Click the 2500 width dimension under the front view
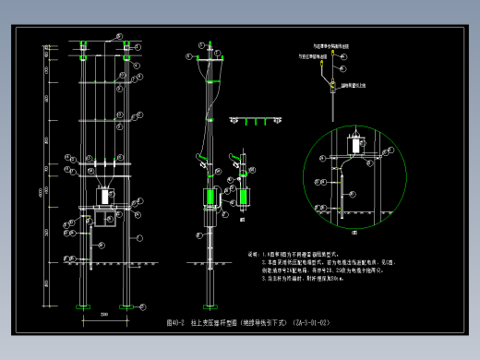tap(104, 316)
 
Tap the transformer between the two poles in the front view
tap(104, 195)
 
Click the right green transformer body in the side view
tap(245, 197)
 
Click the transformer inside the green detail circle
tap(357, 145)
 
